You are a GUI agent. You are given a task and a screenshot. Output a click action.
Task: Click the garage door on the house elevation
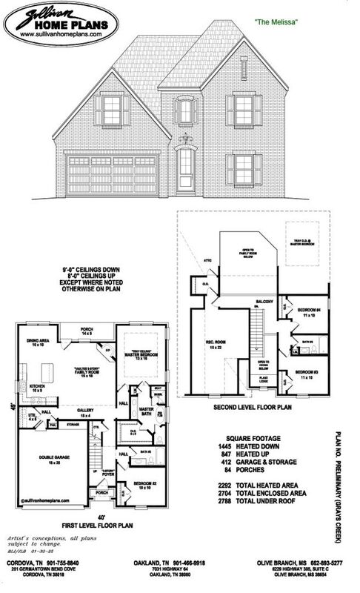(112, 176)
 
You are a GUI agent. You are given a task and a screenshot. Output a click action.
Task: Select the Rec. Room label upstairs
(216, 343)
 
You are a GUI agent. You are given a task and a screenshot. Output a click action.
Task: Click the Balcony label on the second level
(266, 302)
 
